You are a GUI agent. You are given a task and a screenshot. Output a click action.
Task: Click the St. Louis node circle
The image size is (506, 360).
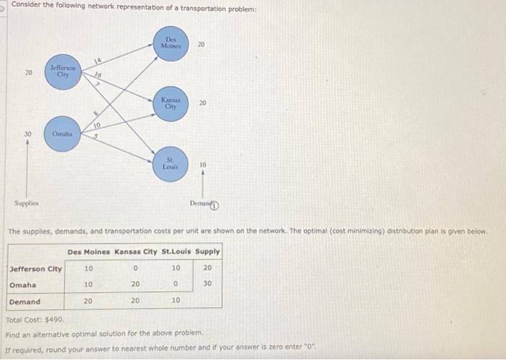tap(171, 162)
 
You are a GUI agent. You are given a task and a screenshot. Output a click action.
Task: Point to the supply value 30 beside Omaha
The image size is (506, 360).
tap(28, 134)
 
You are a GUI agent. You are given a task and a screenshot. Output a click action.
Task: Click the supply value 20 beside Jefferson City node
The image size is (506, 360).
tap(28, 72)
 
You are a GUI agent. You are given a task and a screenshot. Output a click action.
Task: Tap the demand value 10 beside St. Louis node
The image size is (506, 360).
tap(202, 166)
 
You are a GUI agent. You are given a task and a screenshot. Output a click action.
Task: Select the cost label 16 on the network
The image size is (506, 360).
tap(98, 75)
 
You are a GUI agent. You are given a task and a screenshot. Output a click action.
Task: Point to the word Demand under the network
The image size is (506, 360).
tap(201, 205)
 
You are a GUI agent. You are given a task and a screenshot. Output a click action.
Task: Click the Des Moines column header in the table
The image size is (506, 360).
tap(88, 252)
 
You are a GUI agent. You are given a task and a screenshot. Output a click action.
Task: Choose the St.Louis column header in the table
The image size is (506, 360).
tap(176, 252)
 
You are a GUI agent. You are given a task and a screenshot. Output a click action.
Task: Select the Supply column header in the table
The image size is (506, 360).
tap(207, 252)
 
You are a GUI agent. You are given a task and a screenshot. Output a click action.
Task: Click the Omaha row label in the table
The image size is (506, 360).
tap(23, 285)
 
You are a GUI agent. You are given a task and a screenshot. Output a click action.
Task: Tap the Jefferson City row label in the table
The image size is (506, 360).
tap(35, 269)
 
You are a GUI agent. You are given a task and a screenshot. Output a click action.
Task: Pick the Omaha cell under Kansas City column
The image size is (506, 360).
tap(135, 285)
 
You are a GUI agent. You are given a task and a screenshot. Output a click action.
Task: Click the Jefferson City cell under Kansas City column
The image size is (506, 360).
tap(135, 269)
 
